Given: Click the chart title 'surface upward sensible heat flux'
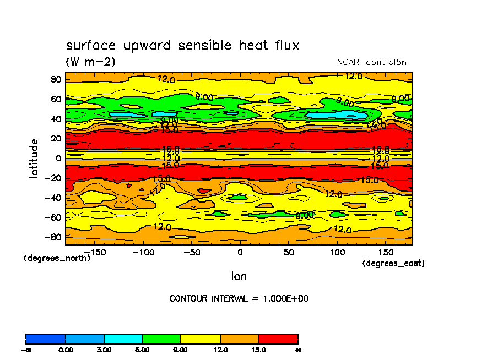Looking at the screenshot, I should coord(182,45).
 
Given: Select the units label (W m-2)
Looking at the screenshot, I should coord(91,62).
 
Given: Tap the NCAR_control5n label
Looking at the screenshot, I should coord(372,62).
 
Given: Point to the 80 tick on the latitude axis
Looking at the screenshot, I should coord(56,79).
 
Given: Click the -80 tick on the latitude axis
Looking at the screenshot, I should coord(53,237).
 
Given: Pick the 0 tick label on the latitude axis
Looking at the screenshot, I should coord(58,158).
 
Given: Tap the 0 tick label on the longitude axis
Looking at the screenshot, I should coord(240,252).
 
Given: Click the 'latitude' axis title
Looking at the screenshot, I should coord(34,158).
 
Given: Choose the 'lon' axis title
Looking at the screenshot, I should coord(239,276).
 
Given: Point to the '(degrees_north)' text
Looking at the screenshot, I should coord(56,258).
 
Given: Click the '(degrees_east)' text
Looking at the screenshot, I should coord(393,263).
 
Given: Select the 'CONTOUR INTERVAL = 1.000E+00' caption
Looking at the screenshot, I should coord(239,298).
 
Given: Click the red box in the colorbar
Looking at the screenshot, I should coord(278,339).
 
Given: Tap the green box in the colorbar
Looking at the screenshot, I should coord(161,339).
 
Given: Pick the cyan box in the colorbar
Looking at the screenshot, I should coord(123,339).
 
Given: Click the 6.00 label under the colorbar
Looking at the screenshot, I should coord(142,350).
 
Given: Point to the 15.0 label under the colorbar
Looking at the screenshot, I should coord(258,350).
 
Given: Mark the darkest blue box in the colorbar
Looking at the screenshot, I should coord(46,339).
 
